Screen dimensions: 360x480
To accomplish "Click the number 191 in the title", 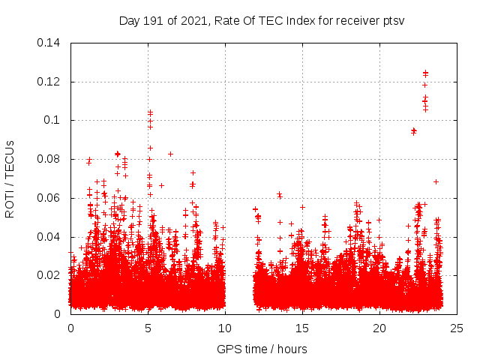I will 152,20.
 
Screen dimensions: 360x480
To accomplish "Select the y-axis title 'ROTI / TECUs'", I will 10,178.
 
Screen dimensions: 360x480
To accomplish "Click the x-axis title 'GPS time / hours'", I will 262,349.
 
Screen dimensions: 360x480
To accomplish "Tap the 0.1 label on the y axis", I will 54,120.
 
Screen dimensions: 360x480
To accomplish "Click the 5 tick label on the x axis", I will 148,328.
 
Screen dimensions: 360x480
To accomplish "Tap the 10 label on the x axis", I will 225,328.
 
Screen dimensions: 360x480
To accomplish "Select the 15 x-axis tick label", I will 302,328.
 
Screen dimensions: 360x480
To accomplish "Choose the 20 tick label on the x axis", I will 379,328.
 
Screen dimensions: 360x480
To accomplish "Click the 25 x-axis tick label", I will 457,328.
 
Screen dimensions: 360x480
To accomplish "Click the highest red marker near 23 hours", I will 425,73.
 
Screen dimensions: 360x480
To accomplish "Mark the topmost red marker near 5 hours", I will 150,112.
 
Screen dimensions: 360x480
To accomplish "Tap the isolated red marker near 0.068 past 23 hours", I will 436,181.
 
